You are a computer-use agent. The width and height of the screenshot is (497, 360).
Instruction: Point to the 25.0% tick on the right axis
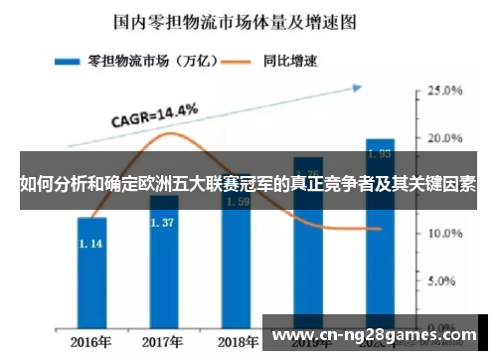pyautogui.click(x=445, y=90)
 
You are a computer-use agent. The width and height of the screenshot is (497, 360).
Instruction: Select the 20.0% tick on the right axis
pyautogui.click(x=445, y=137)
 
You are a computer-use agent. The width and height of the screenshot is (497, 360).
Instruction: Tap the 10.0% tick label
pyautogui.click(x=445, y=234)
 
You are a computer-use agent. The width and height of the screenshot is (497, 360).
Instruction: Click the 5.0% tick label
pyautogui.click(x=445, y=280)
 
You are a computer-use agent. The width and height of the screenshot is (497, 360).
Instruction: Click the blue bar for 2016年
pyautogui.click(x=91, y=278)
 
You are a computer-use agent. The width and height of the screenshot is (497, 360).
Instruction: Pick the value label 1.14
pyautogui.click(x=91, y=244)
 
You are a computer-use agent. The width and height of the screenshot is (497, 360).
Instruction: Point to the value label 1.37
pyautogui.click(x=162, y=223)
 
